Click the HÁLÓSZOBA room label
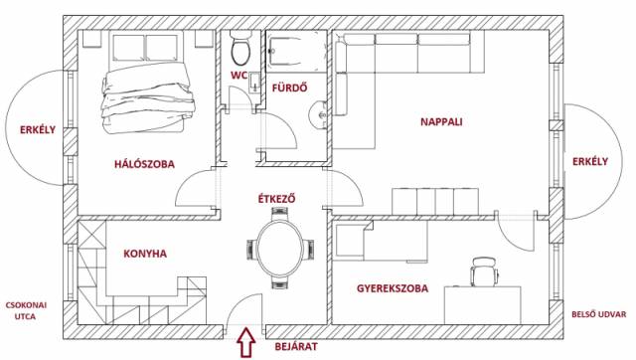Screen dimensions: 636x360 click(x=144, y=164)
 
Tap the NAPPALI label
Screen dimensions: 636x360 click(x=441, y=121)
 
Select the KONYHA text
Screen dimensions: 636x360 click(x=145, y=254)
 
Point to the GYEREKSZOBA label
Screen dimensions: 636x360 click(x=393, y=288)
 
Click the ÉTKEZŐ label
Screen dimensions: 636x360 click(x=276, y=199)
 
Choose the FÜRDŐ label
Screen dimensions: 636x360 click(x=289, y=88)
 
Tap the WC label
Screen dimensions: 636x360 click(x=238, y=76)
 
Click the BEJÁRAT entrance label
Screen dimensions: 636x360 click(x=296, y=347)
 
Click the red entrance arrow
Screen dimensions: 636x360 click(x=246, y=343)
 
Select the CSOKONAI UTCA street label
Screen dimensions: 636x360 click(x=26, y=310)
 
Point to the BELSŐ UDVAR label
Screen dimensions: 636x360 click(x=598, y=314)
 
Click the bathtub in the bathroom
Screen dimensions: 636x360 click(x=296, y=51)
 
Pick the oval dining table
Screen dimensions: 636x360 click(x=280, y=249)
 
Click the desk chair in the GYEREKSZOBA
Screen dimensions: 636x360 click(x=484, y=271)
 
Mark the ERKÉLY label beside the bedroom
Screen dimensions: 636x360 click(x=38, y=130)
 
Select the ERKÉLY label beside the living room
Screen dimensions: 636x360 click(x=590, y=161)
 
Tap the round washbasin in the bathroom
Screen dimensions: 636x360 click(x=318, y=115)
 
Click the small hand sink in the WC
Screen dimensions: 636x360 click(x=254, y=83)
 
